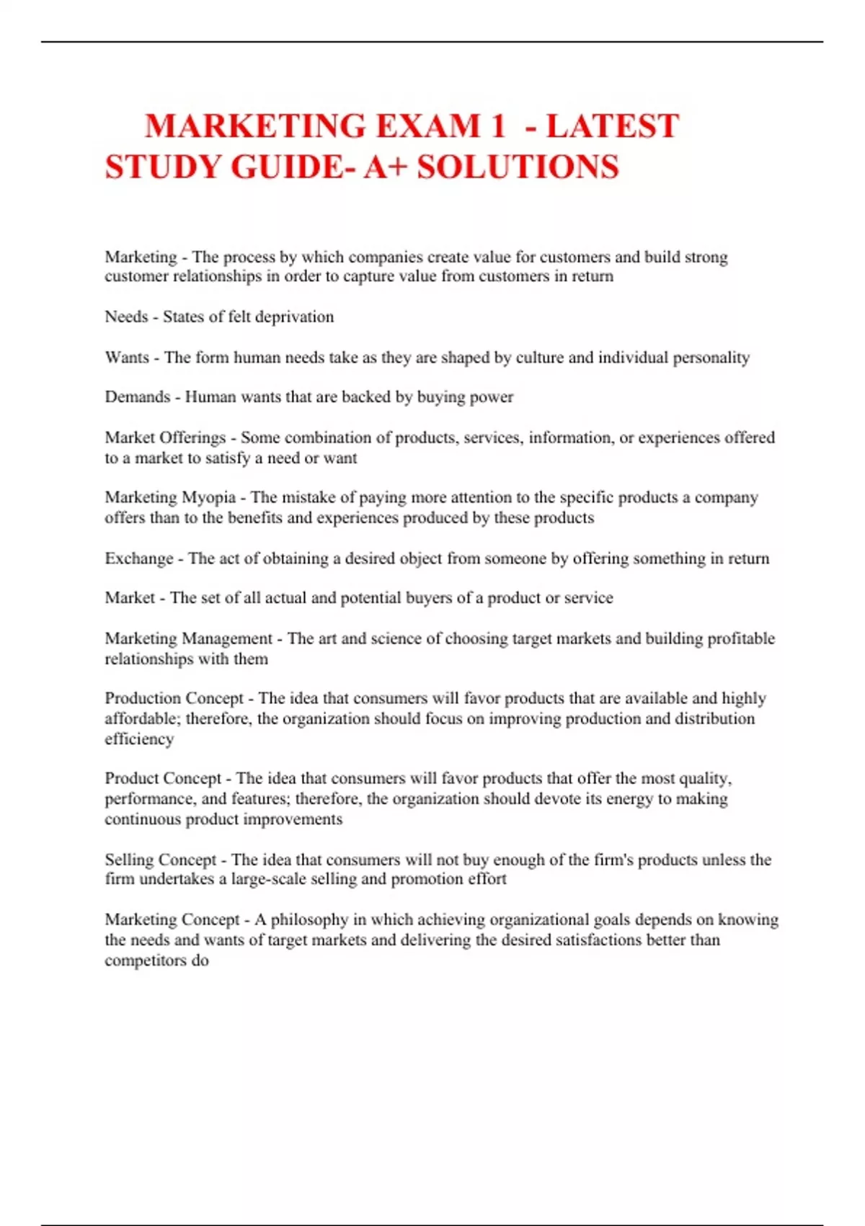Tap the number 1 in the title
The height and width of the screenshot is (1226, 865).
tap(497, 126)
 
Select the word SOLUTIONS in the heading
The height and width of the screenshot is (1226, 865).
tap(518, 167)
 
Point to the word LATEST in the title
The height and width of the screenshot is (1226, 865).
tap(612, 126)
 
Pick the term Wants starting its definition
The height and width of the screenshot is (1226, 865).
tap(127, 358)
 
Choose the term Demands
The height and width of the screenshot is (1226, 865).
tap(137, 397)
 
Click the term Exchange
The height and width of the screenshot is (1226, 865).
tap(139, 558)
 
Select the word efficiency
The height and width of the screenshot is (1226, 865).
tap(139, 739)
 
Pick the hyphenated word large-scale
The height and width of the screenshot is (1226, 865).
tap(268, 879)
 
